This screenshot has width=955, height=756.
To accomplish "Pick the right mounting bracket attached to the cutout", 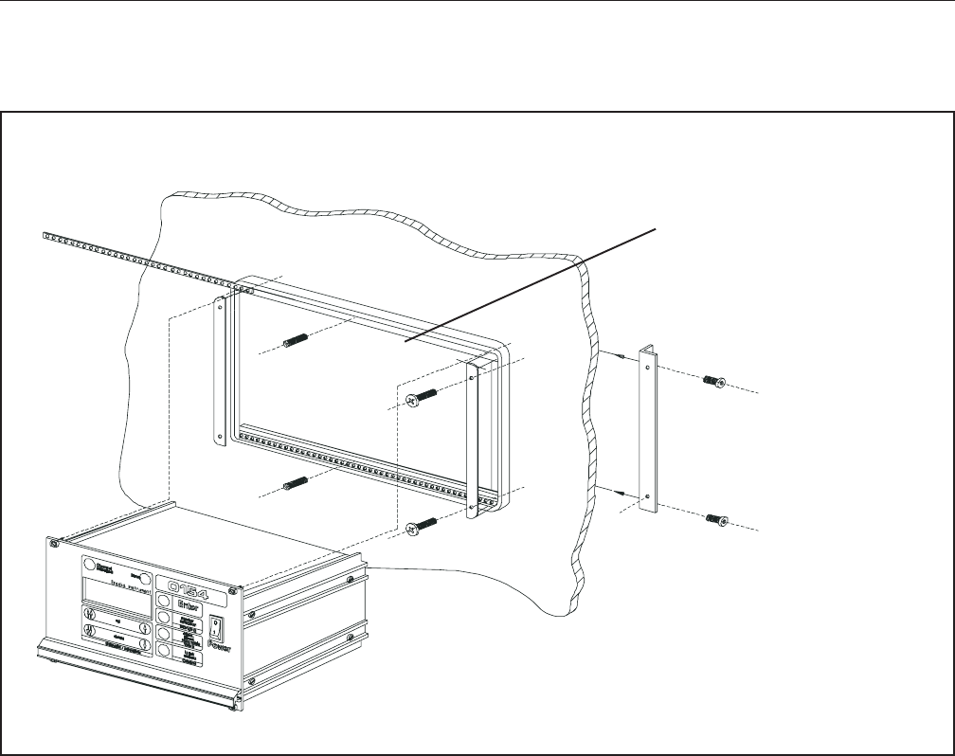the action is coord(473,438).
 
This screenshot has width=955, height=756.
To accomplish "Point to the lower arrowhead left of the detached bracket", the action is coord(619,493).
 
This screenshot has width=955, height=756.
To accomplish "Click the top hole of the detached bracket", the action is coord(648,357).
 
